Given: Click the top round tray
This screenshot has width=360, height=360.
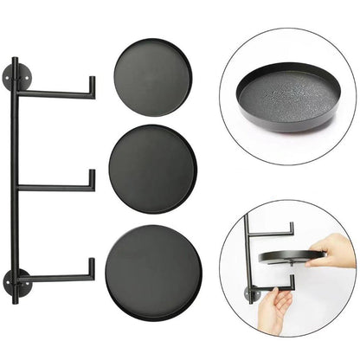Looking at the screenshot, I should click(152, 77).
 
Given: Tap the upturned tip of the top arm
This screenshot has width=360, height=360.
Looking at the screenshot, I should click(91, 87).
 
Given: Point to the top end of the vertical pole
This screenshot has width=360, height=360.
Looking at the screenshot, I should click(15, 61).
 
